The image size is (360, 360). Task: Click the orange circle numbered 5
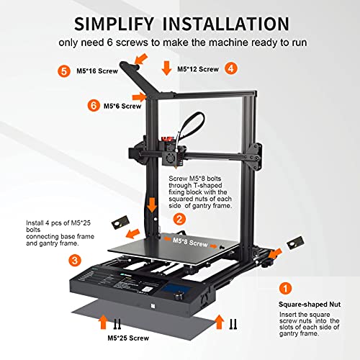pyautogui.click(x=64, y=71)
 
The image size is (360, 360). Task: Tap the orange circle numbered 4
pyautogui.click(x=231, y=68)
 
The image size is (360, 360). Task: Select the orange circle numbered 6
pyautogui.click(x=94, y=105)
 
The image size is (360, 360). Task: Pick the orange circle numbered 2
pyautogui.click(x=179, y=219)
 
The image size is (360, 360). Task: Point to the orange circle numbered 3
pyautogui.click(x=75, y=261)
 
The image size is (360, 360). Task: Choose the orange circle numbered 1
pyautogui.click(x=285, y=288)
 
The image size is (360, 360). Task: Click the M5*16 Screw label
pyautogui.click(x=97, y=71)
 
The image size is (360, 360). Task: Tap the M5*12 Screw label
pyautogui.click(x=198, y=69)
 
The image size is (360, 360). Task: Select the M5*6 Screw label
pyautogui.click(x=122, y=106)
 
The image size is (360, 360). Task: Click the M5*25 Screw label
pyautogui.click(x=128, y=338)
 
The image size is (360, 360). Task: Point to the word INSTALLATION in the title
pyautogui.click(x=226, y=24)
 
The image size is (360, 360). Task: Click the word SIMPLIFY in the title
pyautogui.click(x=114, y=24)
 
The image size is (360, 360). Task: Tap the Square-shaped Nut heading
pyautogui.click(x=310, y=305)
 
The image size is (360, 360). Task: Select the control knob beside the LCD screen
pyautogui.click(x=179, y=296)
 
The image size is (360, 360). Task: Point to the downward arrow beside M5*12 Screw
pyautogui.click(x=166, y=68)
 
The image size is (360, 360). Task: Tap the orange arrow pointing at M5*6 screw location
pyautogui.click(x=139, y=97)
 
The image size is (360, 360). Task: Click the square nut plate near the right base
pyautogui.click(x=296, y=243)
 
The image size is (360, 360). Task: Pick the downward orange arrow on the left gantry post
pyautogui.click(x=152, y=204)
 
